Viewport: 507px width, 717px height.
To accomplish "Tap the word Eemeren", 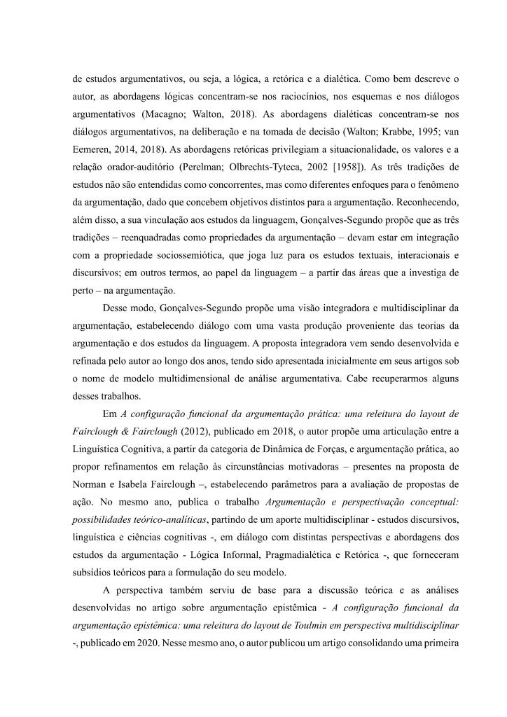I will (x=90, y=149).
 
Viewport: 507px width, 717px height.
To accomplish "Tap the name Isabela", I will (x=140, y=483).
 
